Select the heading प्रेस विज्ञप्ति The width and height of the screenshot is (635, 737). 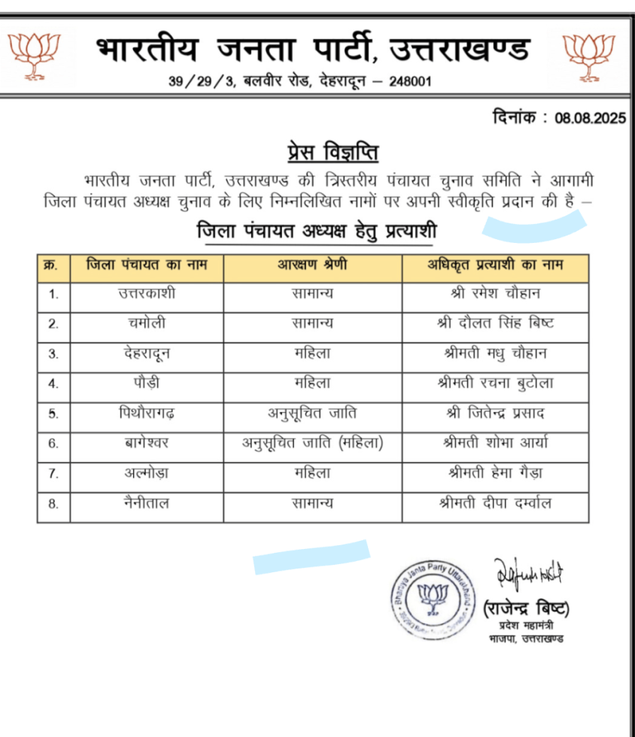(x=333, y=153)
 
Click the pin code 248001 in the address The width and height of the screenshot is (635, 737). (x=410, y=81)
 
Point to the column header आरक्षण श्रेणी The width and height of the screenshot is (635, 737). (x=312, y=266)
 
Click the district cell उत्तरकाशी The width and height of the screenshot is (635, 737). (x=147, y=294)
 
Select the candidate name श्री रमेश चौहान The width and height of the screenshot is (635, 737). (x=494, y=294)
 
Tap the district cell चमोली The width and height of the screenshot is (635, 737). (x=147, y=324)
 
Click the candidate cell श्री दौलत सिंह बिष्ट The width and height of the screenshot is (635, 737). (x=494, y=324)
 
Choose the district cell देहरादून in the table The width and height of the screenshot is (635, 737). (x=147, y=353)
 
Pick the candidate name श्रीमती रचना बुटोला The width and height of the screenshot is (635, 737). (x=494, y=383)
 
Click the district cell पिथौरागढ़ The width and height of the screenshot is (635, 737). (x=147, y=413)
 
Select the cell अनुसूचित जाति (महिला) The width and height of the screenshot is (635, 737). (x=312, y=443)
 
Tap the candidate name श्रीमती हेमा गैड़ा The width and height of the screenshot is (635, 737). (x=494, y=473)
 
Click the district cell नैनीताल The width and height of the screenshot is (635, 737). (x=147, y=503)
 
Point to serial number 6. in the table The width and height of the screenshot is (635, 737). (x=53, y=443)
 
